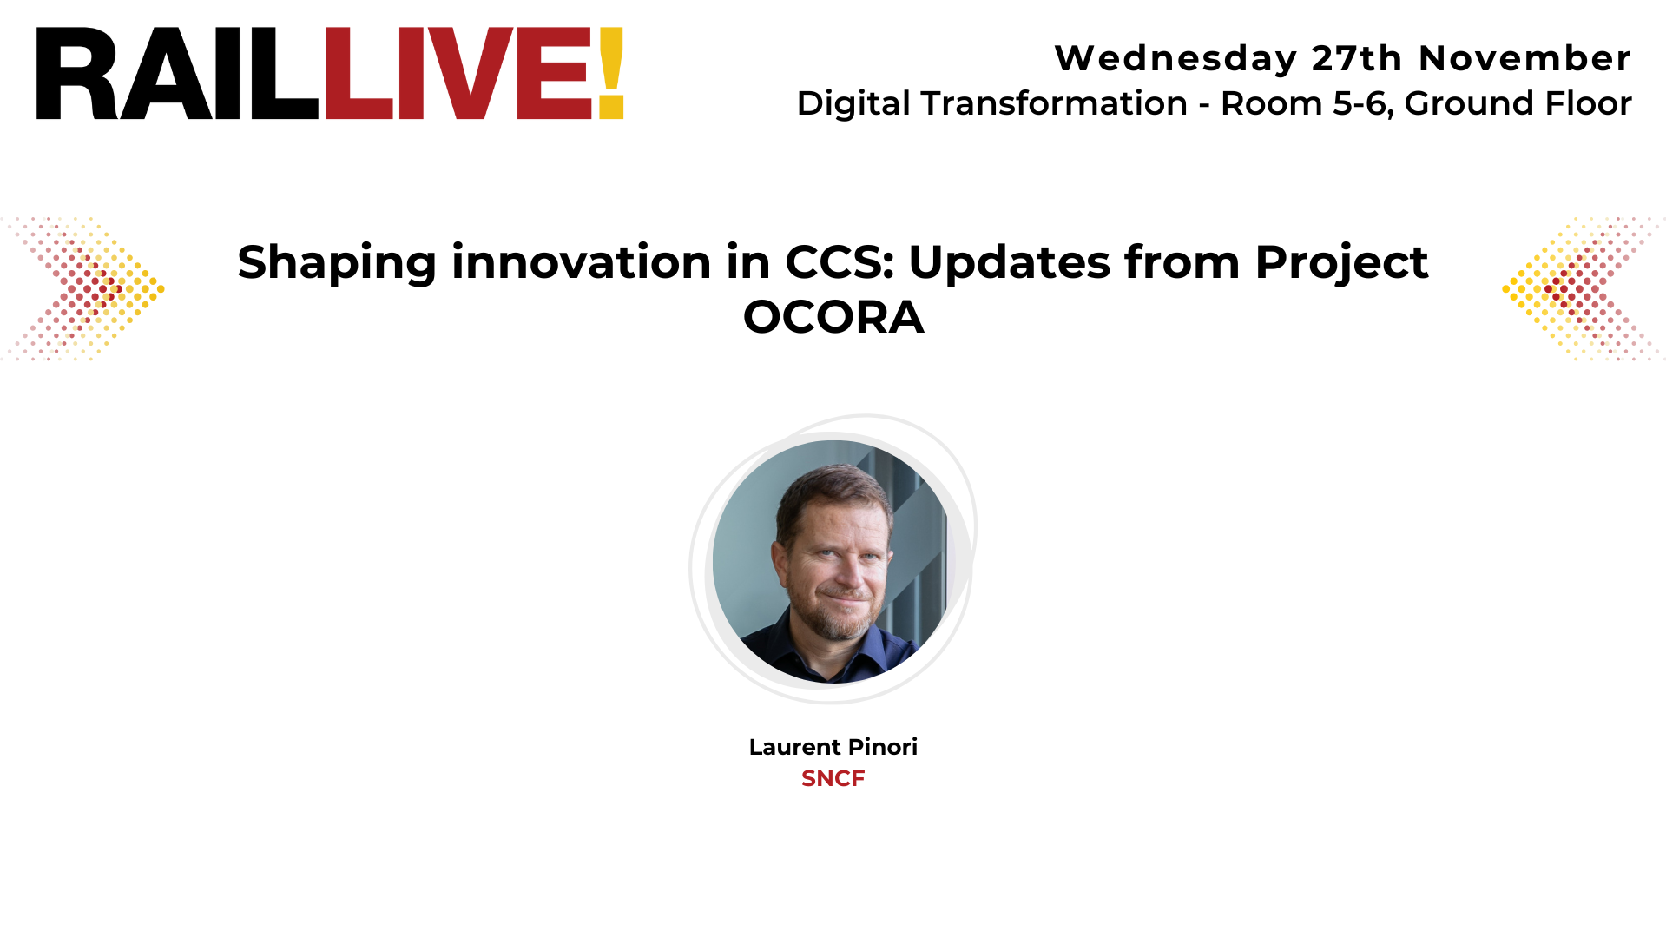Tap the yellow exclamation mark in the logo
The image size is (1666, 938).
610,74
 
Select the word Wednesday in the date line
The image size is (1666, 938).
1175,59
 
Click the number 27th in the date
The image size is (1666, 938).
1356,59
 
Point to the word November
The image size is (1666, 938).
1524,59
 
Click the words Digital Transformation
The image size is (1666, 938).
991,103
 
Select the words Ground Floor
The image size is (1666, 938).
1518,103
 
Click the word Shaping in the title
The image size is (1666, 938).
337,263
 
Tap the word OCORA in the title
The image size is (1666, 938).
833,317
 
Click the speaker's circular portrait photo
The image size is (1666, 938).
832,561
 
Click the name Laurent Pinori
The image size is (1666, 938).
833,747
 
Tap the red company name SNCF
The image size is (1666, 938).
833,778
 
